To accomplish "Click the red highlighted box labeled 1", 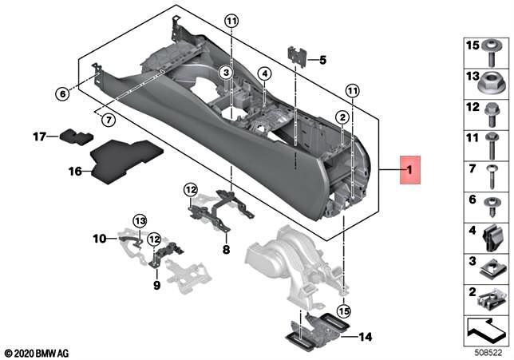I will [x=411, y=170].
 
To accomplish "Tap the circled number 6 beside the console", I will [x=61, y=93].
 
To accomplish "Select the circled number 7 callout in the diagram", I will [x=109, y=120].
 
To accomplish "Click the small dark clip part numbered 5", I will [x=297, y=57].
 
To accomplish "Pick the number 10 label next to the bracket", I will [x=99, y=237].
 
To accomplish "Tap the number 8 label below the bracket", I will [x=226, y=250].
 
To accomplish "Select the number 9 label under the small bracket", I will [x=156, y=284].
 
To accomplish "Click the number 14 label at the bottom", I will [x=366, y=336].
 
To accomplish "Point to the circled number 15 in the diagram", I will [x=342, y=311].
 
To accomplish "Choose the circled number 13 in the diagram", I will [x=140, y=220].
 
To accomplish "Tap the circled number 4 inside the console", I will [x=265, y=73].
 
